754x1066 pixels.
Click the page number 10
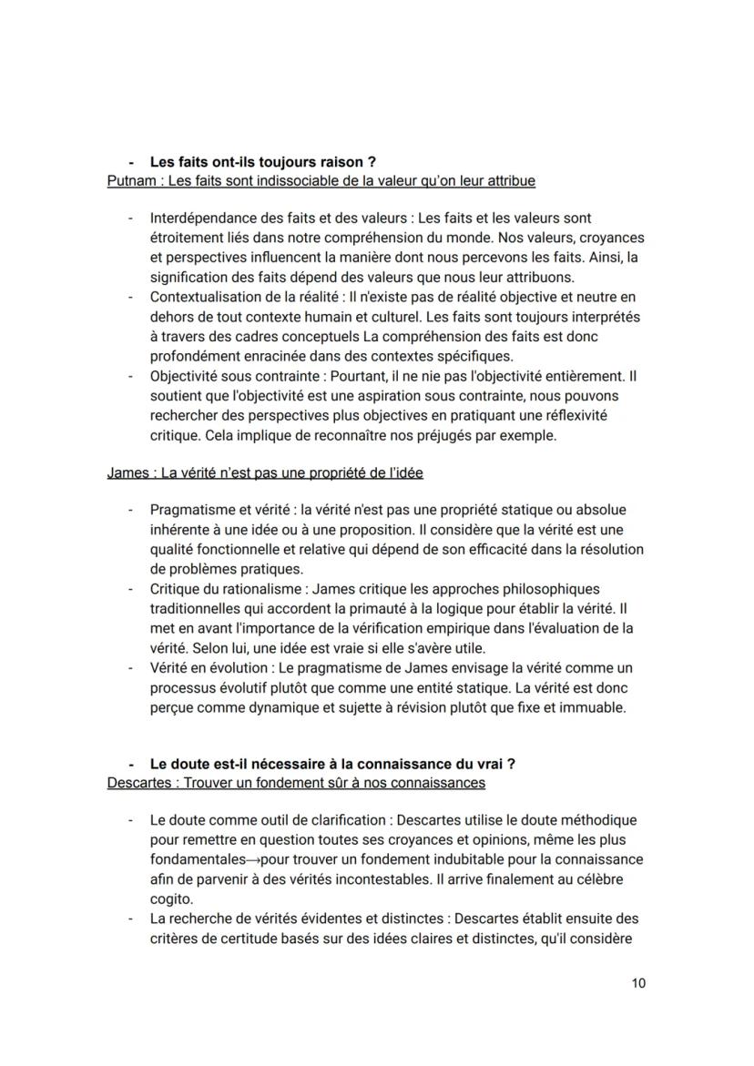click(637, 984)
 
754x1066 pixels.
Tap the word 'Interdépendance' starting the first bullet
click(201, 218)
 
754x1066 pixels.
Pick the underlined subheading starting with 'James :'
click(264, 473)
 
